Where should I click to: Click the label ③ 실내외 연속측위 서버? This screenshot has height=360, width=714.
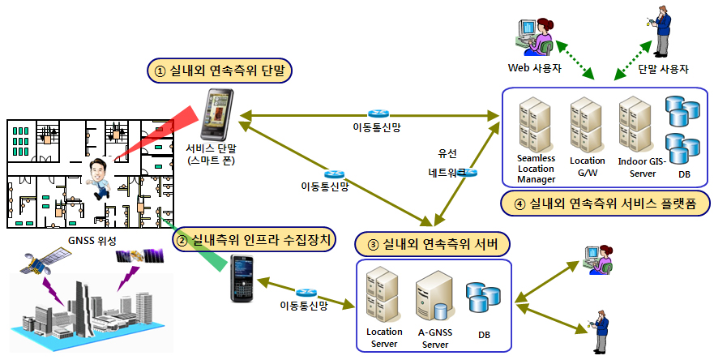(x=434, y=242)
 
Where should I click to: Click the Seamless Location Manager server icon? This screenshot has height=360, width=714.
(x=535, y=122)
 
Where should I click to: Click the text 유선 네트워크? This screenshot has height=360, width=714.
(x=453, y=163)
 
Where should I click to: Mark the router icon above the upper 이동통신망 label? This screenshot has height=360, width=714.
(x=377, y=114)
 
